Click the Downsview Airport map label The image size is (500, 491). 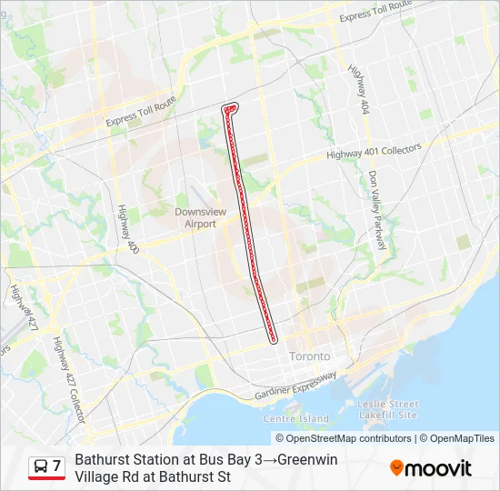pyautogui.click(x=195, y=217)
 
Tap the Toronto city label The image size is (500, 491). pyautogui.click(x=310, y=356)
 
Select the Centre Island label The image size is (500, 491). pyautogui.click(x=295, y=418)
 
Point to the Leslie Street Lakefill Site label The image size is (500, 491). pyautogui.click(x=388, y=409)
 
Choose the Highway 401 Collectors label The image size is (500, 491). pyautogui.click(x=374, y=153)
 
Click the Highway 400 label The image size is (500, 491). pyautogui.click(x=127, y=227)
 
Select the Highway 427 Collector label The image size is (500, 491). pyautogui.click(x=67, y=378)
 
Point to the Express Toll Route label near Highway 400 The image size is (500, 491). pyautogui.click(x=140, y=117)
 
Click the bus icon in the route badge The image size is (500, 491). pyautogui.click(x=41, y=466)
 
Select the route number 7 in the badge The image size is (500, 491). pyautogui.click(x=56, y=466)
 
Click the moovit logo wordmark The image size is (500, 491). pyautogui.click(x=439, y=469)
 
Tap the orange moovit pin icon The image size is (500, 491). pyautogui.click(x=396, y=468)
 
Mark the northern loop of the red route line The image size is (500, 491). pyautogui.click(x=230, y=108)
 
